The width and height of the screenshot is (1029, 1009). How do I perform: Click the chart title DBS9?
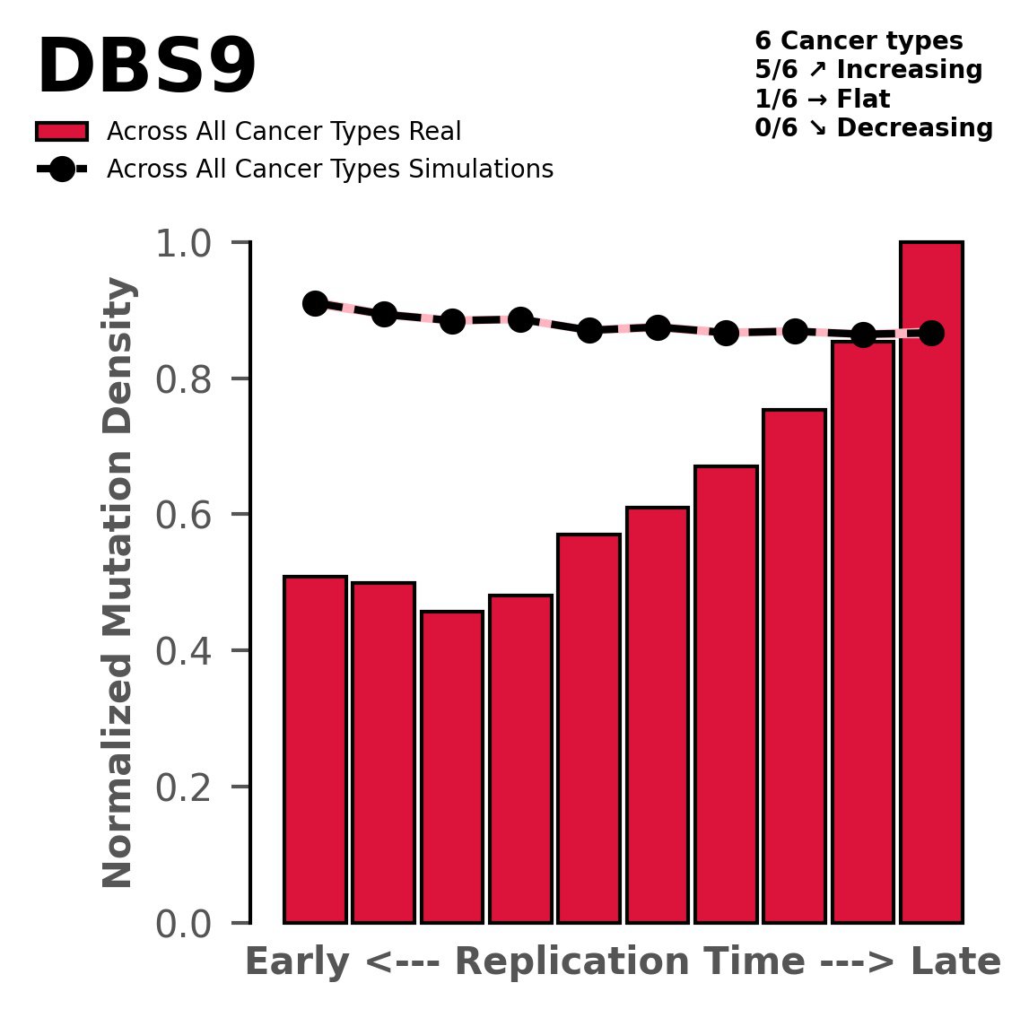[x=146, y=69]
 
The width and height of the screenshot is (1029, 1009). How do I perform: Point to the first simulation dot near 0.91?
[x=315, y=303]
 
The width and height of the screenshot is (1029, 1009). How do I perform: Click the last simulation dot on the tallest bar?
[x=931, y=333]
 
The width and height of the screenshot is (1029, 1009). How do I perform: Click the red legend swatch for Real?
[x=62, y=132]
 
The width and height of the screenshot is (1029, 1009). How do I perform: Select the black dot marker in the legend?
[x=62, y=170]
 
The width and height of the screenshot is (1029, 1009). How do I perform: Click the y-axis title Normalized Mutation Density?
[x=119, y=583]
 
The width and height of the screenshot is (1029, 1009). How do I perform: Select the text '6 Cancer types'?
[x=859, y=41]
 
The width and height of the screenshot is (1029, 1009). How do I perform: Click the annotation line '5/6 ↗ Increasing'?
[x=868, y=70]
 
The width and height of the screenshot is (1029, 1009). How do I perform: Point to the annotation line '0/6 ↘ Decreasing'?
[x=874, y=128]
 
